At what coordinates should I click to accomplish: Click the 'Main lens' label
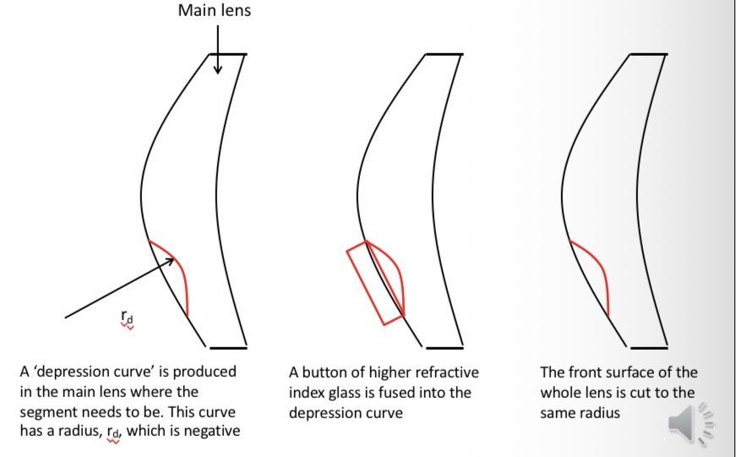click(x=215, y=11)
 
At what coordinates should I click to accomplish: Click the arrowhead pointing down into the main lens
click(x=218, y=68)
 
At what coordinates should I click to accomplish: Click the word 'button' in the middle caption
click(x=322, y=373)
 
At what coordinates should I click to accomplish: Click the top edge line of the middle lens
click(x=444, y=54)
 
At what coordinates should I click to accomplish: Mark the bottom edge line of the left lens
click(x=227, y=347)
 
